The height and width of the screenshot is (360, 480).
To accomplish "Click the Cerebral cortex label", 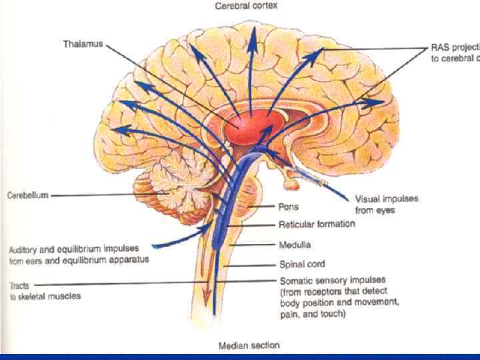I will click(x=247, y=5).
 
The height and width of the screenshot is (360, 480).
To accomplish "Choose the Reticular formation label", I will click(x=316, y=225).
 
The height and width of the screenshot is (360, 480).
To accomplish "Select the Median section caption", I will click(x=249, y=345).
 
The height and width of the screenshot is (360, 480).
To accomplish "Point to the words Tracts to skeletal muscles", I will click(x=45, y=291).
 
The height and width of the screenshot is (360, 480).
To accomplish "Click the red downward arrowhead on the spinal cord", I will click(x=207, y=297).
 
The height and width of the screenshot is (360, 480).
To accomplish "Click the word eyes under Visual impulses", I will click(x=385, y=211).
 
